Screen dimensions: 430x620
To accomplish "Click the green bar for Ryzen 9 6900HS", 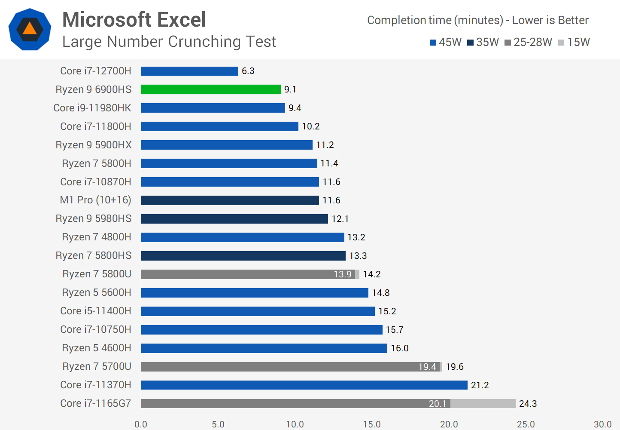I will (x=211, y=89).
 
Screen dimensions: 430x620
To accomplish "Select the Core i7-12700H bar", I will (x=189, y=71).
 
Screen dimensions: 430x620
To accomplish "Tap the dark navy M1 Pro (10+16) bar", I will (x=230, y=200).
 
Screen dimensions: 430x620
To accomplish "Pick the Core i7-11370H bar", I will (x=304, y=385).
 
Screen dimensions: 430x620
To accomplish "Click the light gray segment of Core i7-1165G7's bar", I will (x=483, y=404).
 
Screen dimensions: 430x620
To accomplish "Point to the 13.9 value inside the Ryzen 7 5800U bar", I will (x=342, y=274).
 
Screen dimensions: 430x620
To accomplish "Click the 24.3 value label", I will (x=528, y=404).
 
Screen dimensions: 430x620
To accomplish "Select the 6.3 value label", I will (x=248, y=71).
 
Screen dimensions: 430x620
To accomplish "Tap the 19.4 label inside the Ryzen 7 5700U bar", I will (x=427, y=367).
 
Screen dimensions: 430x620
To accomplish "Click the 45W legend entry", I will (x=446, y=42).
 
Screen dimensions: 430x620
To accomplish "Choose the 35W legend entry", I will (x=483, y=42).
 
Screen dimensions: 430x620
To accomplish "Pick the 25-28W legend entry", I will (x=528, y=42).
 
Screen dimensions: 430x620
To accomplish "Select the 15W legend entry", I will (x=574, y=42).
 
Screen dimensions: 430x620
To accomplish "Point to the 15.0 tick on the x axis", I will (x=372, y=424).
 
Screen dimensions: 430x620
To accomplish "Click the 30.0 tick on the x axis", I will (x=602, y=424).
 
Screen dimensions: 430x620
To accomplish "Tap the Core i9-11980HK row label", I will (x=92, y=108).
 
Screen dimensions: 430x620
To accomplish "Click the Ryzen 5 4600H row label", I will (x=97, y=348).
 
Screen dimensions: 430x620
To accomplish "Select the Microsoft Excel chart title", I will (x=134, y=20).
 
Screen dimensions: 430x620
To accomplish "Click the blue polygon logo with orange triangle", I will (x=30, y=29).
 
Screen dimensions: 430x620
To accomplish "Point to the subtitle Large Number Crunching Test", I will (x=169, y=42).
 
